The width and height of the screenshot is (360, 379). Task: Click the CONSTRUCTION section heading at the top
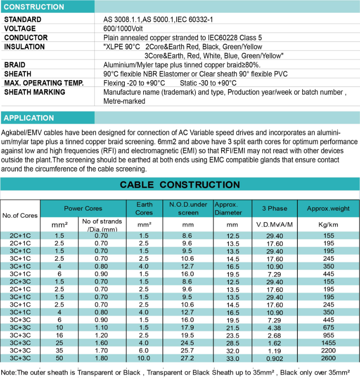(x=34, y=7)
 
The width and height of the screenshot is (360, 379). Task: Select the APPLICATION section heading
(x=29, y=118)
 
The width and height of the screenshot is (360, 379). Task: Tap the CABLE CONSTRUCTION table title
(x=180, y=185)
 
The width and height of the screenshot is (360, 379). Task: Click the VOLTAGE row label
(x=20, y=28)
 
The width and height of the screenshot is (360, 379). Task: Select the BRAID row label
(x=15, y=65)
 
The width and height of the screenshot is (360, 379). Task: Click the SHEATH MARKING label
(x=34, y=92)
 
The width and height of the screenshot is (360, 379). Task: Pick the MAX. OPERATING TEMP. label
(x=44, y=83)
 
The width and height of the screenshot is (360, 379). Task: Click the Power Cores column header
(x=83, y=208)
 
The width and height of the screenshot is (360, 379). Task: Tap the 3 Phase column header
(x=274, y=208)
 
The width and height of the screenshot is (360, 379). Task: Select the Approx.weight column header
(x=328, y=209)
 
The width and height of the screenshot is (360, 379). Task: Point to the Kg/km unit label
(x=328, y=224)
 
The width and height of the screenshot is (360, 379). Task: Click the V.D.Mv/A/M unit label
(x=274, y=224)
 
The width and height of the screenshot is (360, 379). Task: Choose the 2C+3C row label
(x=20, y=281)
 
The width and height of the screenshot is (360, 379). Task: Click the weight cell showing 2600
(x=328, y=358)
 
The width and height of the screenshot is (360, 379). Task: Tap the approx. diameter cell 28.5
(x=233, y=343)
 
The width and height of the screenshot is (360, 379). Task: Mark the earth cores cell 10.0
(x=144, y=358)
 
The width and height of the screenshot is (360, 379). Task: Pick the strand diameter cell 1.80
(x=102, y=358)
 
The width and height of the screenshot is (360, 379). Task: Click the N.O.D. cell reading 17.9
(x=188, y=328)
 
